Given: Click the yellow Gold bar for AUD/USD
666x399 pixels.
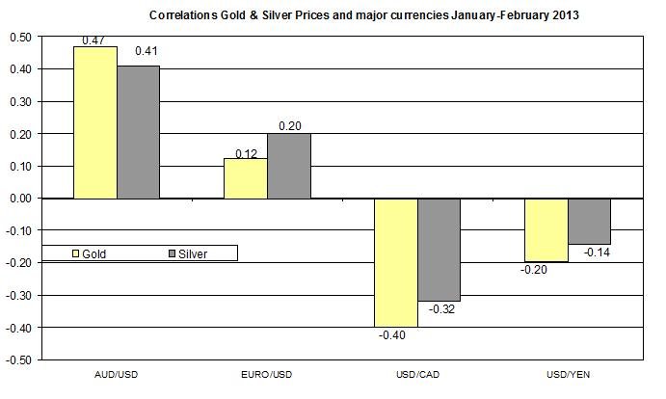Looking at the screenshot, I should (x=95, y=122).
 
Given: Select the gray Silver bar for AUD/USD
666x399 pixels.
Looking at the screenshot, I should (x=139, y=132).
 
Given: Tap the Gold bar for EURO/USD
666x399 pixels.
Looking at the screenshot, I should (x=246, y=178).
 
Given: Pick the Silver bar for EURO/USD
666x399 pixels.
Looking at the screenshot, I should (x=289, y=166).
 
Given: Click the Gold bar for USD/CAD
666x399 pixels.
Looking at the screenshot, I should (x=396, y=262).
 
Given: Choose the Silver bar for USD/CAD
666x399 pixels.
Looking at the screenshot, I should (x=440, y=250).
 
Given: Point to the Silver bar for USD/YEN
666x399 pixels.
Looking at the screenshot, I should (x=590, y=221).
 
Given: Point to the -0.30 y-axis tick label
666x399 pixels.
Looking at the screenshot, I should (x=19, y=295).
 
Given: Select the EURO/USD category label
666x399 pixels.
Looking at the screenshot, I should (x=267, y=373).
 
